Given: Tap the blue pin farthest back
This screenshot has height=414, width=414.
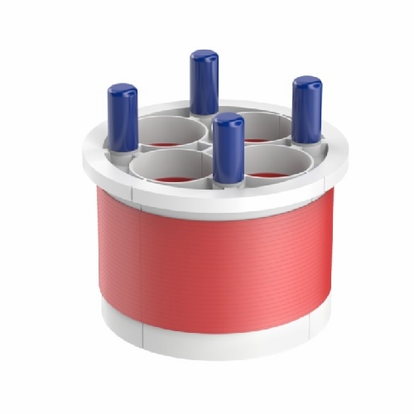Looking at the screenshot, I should [x=204, y=83].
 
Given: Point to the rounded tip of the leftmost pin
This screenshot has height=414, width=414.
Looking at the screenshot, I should [x=123, y=89].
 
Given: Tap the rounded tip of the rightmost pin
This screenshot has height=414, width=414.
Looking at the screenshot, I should [x=307, y=82].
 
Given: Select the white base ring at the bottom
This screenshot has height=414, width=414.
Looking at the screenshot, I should [x=215, y=339].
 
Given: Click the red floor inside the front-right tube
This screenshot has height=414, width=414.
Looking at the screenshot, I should [x=267, y=175].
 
